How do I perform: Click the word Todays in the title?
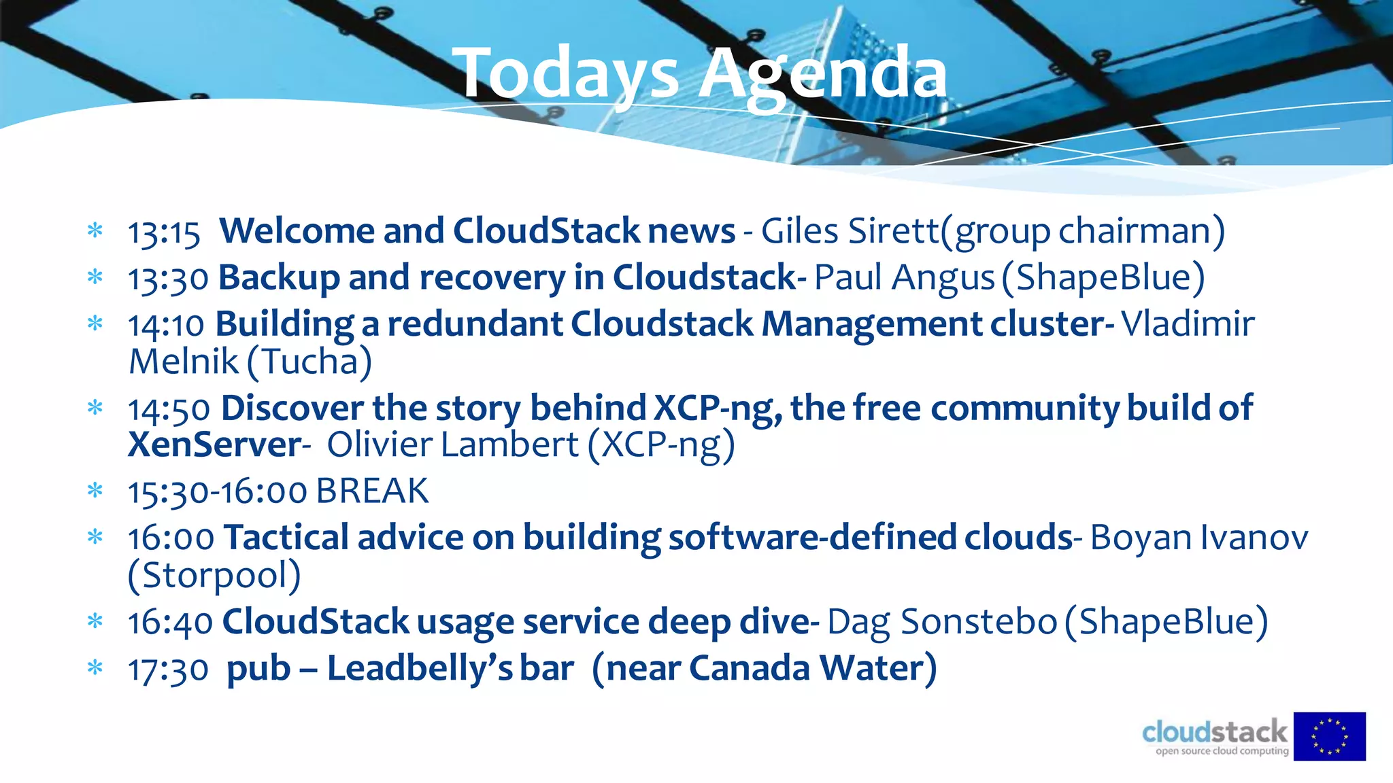point(570,73)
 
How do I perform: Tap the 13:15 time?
point(164,232)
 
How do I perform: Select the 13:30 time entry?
point(168,279)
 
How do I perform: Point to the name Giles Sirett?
point(850,231)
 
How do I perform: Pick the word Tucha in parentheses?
point(310,362)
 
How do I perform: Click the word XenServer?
point(214,445)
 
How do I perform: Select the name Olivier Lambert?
point(453,445)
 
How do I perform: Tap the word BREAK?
point(372,491)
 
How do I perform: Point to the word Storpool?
point(214,575)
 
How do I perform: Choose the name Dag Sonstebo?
point(942,622)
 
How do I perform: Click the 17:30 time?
point(168,669)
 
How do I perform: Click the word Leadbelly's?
point(420,668)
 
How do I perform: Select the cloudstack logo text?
point(1215,733)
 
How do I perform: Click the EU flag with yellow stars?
point(1329,736)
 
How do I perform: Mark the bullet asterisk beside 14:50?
point(95,408)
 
